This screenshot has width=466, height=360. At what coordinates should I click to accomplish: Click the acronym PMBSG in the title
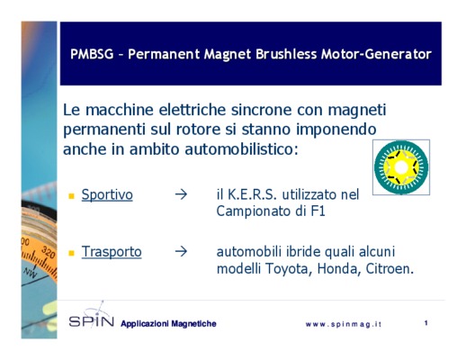[92, 54]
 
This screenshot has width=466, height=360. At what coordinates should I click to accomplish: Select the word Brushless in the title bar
[286, 54]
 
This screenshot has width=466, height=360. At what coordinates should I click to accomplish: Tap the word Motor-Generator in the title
[376, 54]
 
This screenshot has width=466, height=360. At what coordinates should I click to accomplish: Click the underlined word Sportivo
[107, 194]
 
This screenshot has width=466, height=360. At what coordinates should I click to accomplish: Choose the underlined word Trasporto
[112, 251]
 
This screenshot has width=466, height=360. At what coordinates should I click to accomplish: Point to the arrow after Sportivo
[181, 194]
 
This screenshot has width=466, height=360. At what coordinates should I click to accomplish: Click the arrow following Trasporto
[181, 251]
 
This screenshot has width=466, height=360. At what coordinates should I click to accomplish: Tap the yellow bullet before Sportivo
[71, 196]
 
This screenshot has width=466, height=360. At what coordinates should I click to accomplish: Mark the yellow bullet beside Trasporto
[71, 253]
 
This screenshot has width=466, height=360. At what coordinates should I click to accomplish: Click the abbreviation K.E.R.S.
[252, 194]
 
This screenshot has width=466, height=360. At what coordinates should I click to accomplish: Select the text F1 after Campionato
[318, 211]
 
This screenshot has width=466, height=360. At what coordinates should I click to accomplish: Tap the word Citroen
[390, 269]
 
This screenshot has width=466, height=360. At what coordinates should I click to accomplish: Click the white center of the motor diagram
[401, 167]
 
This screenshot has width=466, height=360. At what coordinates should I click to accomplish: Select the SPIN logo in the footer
[92, 321]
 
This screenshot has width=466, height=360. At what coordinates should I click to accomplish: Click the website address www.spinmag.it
[344, 324]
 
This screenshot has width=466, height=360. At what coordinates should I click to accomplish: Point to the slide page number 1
[426, 323]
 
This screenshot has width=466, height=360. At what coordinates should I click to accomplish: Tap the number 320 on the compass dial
[48, 252]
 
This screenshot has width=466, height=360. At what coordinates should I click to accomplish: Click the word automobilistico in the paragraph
[241, 149]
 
